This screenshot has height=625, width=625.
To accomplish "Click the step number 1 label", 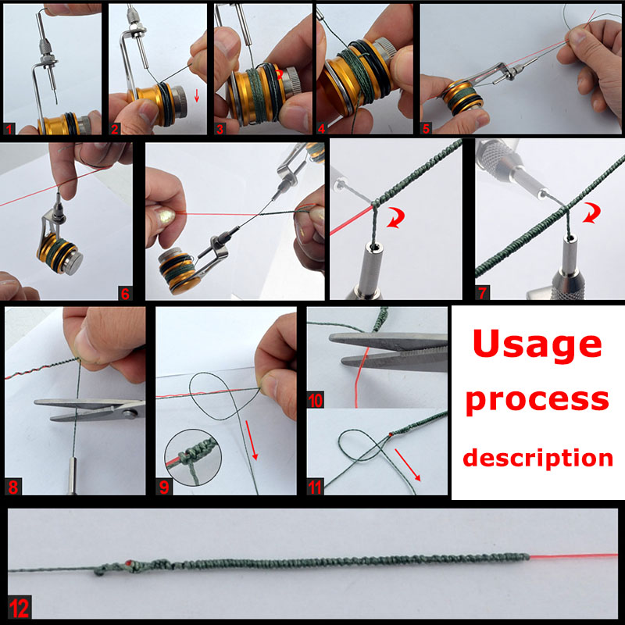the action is [x=9, y=129].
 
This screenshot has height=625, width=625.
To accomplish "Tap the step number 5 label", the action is [x=426, y=128].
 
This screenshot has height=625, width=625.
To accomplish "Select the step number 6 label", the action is [x=125, y=294].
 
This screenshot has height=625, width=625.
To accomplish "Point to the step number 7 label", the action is [x=482, y=293].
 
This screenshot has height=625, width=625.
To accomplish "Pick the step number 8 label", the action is [x=13, y=487].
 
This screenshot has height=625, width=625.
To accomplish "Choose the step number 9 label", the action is [x=164, y=487].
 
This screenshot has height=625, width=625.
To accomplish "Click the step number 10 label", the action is [x=316, y=400].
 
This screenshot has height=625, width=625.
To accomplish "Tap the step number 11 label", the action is [x=316, y=487].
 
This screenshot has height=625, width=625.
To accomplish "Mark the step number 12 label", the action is [x=19, y=609].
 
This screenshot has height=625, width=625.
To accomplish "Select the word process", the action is [x=537, y=401].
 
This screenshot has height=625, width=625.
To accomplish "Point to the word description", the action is [x=537, y=458].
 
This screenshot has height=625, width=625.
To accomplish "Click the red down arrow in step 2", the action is [x=197, y=95].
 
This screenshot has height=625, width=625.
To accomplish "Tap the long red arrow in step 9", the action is [x=252, y=440].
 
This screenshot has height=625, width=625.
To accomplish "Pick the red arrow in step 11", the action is [x=408, y=465].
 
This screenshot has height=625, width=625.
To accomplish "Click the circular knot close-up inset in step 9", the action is [x=193, y=457].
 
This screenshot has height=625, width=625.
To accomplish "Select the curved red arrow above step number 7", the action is [x=591, y=212].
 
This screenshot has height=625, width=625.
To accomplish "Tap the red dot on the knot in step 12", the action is [x=129, y=562].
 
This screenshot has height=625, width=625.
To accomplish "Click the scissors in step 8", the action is [x=89, y=409].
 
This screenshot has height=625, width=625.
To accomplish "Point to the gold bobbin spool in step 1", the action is [x=65, y=124].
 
